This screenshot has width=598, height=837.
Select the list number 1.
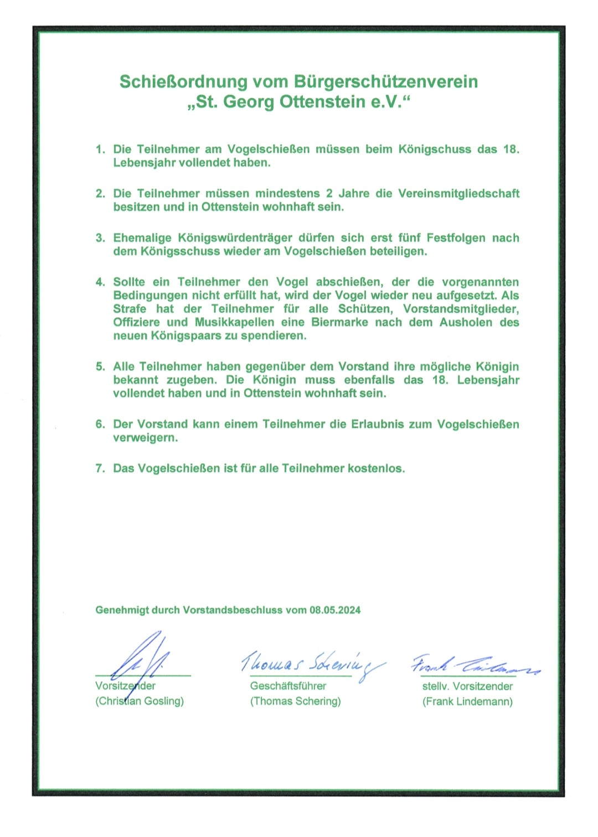[x=100, y=149]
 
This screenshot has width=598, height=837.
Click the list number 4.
[x=100, y=282]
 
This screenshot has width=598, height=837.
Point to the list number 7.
[x=100, y=468]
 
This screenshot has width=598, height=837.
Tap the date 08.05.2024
[x=335, y=610]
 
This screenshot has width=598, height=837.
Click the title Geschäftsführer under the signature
[x=288, y=686]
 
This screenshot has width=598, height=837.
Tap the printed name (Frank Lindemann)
[x=467, y=701]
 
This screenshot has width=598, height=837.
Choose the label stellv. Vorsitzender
[x=467, y=686]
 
